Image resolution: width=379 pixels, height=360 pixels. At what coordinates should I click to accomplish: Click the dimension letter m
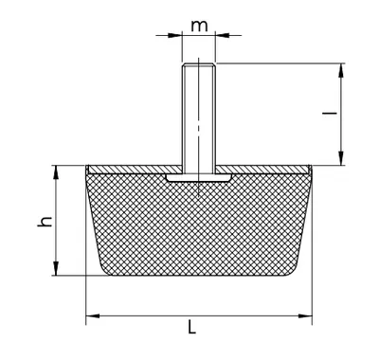coord(199,27)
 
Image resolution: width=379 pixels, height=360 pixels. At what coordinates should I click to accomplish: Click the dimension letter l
coord(330,113)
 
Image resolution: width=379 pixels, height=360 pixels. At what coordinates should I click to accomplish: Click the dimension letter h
coord(45,222)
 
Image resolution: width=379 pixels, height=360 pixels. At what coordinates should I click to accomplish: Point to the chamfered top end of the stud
coord(199,65)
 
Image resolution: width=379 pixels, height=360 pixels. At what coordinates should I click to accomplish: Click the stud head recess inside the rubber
coord(198,177)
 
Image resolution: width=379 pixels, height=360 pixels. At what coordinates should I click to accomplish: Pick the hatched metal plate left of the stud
coord(135,170)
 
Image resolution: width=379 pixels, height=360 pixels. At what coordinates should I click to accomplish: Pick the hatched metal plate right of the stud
coord(262,170)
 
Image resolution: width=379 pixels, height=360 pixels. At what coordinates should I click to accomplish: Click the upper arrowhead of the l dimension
coord(341,70)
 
